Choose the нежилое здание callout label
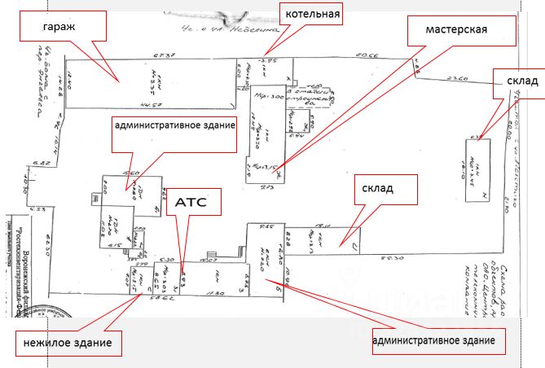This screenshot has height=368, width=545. click(68, 343)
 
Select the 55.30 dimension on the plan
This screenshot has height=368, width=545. click(393, 258)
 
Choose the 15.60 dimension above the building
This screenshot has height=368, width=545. click(128, 173)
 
